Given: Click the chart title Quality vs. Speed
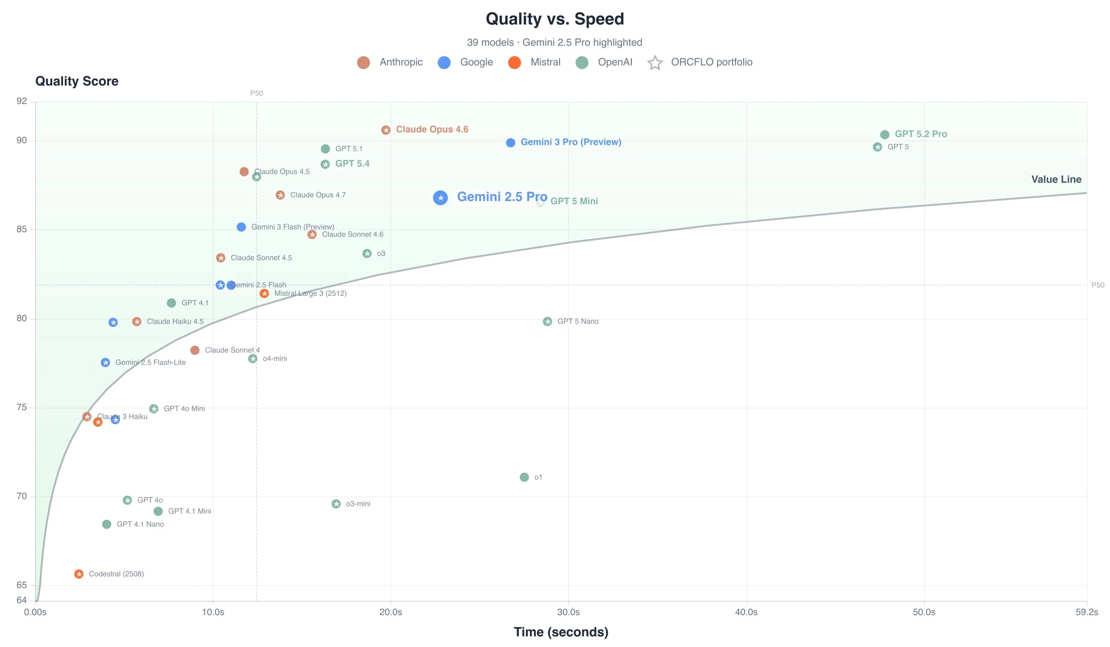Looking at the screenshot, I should (555, 19).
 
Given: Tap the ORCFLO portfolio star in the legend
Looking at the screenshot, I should (655, 62).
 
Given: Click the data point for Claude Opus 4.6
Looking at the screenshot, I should (386, 130).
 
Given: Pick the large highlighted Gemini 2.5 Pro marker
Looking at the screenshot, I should (440, 198).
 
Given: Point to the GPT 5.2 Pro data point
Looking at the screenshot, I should (885, 134).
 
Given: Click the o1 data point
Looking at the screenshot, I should (524, 477).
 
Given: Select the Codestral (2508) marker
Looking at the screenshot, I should (79, 574).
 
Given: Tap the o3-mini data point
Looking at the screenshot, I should (336, 504).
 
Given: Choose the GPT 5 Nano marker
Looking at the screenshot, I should (548, 321).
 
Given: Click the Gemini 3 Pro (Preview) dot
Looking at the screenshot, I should (511, 143).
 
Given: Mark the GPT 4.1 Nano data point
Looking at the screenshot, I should (107, 524).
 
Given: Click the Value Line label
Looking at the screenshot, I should (1056, 179).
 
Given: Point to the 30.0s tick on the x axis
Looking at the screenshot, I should (568, 612).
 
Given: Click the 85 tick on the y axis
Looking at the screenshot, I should (22, 229).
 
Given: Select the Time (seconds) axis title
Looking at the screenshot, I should (561, 632).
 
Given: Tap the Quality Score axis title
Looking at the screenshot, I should (77, 81).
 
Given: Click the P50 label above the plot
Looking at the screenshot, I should (257, 93).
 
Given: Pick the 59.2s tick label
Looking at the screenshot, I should (1086, 612).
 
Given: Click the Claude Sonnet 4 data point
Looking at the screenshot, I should (195, 350).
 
